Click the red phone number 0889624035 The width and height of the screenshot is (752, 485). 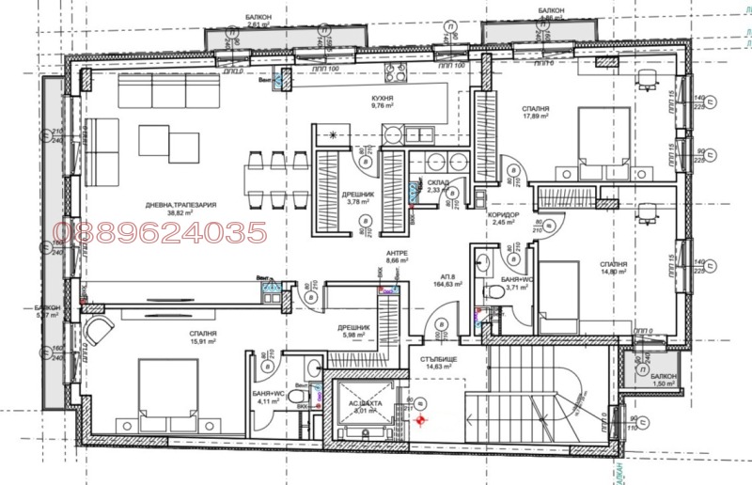click(162, 232)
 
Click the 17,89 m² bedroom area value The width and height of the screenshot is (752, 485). click(536, 119)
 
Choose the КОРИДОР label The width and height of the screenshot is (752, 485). click(492, 213)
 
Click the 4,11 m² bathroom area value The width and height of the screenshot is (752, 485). click(270, 401)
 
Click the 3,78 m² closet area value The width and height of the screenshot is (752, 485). click(360, 201)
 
